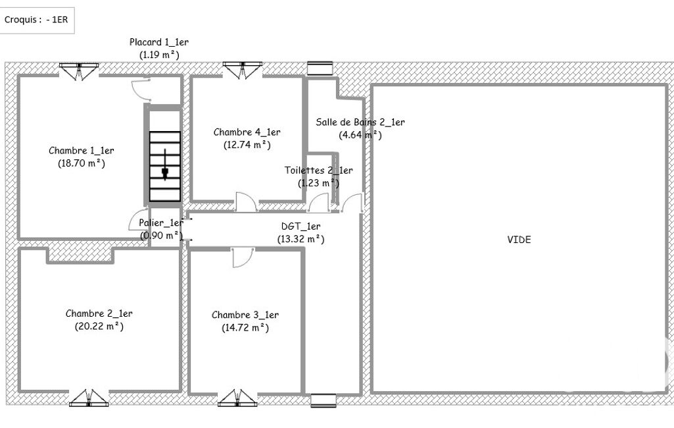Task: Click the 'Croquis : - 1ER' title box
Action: click(x=37, y=20)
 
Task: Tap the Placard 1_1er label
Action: click(x=159, y=42)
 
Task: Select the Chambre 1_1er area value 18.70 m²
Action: click(x=82, y=163)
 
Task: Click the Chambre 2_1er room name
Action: click(x=99, y=313)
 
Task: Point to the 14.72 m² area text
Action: click(x=245, y=328)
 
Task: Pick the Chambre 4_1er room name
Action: click(x=247, y=132)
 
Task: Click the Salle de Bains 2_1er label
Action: click(x=360, y=122)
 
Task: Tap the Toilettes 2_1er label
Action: click(x=318, y=171)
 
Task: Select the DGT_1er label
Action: click(x=301, y=226)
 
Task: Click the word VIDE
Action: click(x=519, y=240)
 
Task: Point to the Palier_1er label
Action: click(x=161, y=223)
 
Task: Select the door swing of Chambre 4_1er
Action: click(x=247, y=201)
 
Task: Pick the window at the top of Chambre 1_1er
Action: click(x=79, y=71)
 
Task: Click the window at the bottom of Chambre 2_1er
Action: click(x=89, y=398)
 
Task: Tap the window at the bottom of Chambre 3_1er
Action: click(x=237, y=398)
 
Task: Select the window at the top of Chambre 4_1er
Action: click(x=243, y=70)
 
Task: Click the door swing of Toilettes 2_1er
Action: click(x=318, y=203)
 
